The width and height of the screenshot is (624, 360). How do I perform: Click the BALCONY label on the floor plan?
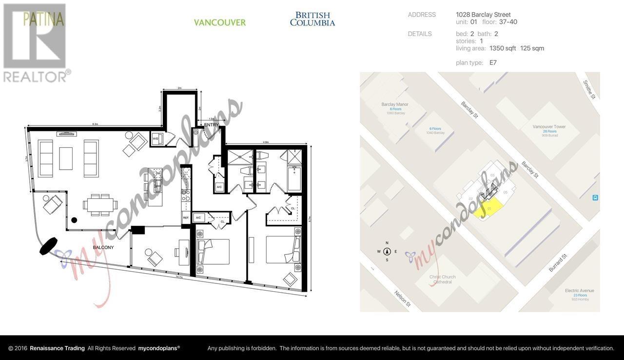tap(103, 247)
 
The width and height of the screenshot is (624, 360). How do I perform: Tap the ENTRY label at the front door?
tap(212, 125)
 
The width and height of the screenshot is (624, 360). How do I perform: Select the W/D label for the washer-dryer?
tap(156, 139)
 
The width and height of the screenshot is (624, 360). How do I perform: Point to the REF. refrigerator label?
tap(186, 218)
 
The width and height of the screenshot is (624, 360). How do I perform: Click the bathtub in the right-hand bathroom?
tap(294, 178)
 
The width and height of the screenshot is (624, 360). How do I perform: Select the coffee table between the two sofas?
tap(66, 159)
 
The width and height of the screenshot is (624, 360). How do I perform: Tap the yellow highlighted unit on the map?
tap(488, 208)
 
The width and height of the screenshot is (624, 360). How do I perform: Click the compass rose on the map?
tap(387, 252)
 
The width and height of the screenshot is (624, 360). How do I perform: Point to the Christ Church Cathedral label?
tap(442, 280)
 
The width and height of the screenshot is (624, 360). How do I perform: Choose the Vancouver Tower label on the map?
tap(549, 129)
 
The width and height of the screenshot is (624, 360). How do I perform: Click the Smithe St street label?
tap(589, 89)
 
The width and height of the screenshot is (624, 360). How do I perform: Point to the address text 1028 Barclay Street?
tap(483, 15)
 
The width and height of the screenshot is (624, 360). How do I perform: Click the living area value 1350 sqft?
tap(503, 48)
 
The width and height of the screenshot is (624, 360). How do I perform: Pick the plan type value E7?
tap(493, 62)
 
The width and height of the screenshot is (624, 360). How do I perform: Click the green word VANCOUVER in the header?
tap(220, 22)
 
